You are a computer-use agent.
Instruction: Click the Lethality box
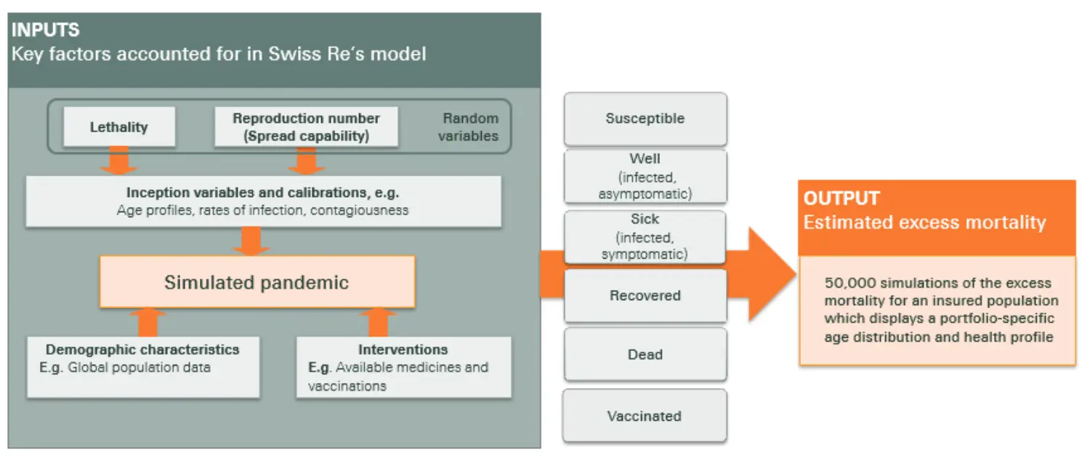pos(119,127)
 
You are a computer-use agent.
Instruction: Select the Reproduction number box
pos(306,127)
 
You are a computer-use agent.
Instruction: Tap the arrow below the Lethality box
pos(118,161)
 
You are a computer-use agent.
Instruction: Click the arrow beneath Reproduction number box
pos(306,161)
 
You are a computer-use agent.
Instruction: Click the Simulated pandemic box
pos(257,282)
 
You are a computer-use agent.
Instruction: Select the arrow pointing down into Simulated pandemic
pos(251,241)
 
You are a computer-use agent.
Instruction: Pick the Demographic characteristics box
pos(143,366)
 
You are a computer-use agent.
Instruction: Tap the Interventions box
pos(403,366)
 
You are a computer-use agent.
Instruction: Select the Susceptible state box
pos(645,118)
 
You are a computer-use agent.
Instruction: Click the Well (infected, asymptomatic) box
pos(645,176)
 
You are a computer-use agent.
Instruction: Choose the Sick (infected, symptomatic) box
pos(645,236)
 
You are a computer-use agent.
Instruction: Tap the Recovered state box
pos(645,296)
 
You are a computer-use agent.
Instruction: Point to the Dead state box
pos(645,355)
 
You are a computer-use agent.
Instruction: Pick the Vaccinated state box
pos(645,416)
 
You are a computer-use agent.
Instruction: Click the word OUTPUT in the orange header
pos(841,198)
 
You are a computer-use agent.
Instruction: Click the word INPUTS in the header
pos(45,31)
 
